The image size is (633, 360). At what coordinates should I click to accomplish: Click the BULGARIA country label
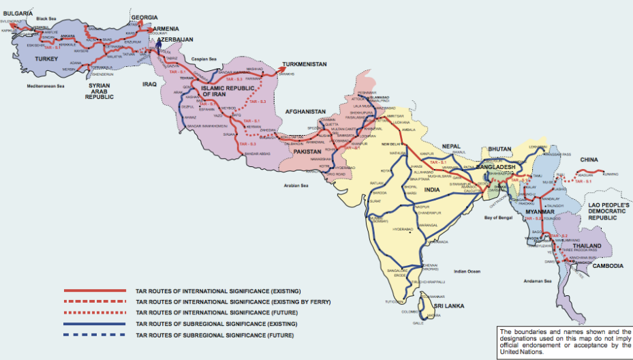(17, 12)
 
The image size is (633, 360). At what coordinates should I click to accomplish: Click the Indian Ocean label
(467, 271)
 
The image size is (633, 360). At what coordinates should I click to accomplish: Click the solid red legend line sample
(95, 291)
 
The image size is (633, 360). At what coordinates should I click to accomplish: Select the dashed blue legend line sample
(95, 335)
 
